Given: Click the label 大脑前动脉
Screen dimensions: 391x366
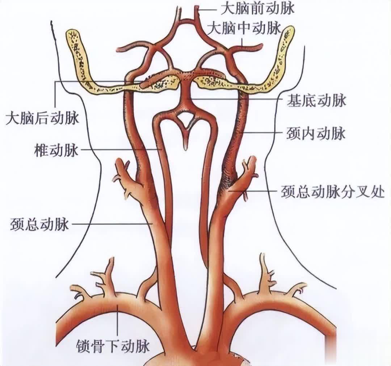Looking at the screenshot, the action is (258, 8).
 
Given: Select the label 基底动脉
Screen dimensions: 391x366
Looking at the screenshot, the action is (316, 101).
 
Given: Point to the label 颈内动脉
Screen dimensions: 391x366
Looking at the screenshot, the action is (316, 134).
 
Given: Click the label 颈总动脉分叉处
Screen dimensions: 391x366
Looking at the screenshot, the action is (333, 192).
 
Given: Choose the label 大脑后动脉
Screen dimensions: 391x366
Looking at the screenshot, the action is (42, 118).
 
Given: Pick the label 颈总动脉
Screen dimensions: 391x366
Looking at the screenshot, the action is (39, 224).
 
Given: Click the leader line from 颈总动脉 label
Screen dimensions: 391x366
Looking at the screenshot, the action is (112, 224).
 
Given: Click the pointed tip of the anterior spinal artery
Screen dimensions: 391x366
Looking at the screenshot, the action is (185, 149).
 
